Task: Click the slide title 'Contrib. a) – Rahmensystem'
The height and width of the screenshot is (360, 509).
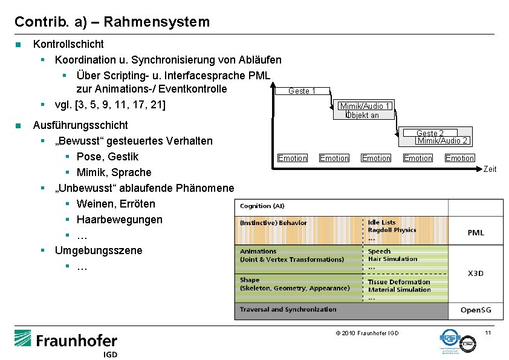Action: point(112,22)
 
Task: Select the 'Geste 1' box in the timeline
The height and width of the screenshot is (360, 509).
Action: point(302,91)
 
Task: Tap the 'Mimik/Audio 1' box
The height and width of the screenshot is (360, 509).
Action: point(365,106)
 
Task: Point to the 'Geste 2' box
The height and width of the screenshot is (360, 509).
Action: point(430,133)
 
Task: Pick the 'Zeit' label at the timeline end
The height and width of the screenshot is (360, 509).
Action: point(490,169)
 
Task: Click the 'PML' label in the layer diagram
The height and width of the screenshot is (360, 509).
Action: point(476,233)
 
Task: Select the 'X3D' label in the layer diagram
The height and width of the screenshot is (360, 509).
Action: point(476,273)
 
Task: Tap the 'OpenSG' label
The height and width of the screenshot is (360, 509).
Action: point(476,310)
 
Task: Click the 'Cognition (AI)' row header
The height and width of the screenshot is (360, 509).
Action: point(264,206)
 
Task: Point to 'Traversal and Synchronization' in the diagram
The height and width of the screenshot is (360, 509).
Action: point(288,310)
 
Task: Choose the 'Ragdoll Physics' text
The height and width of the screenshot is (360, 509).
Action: point(392,230)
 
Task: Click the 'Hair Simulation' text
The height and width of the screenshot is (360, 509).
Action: point(392,259)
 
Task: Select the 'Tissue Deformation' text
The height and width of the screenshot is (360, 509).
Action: point(399,282)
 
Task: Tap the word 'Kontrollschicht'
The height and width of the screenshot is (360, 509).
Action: point(68,44)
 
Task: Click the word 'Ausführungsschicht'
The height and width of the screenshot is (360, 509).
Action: point(80,125)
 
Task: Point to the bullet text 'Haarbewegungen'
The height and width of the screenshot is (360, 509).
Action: point(119,220)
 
